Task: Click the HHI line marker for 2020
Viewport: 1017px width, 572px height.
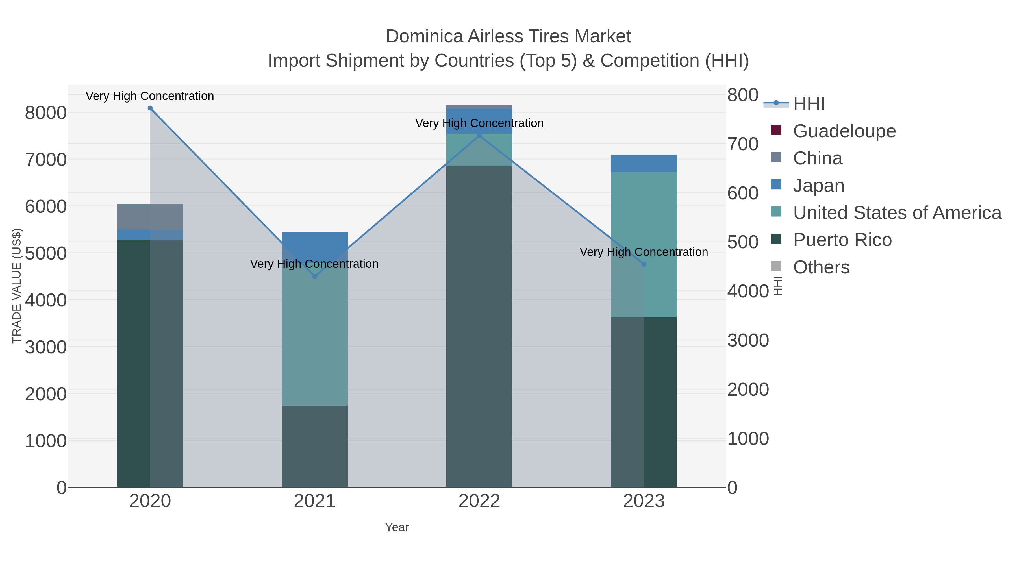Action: pyautogui.click(x=150, y=108)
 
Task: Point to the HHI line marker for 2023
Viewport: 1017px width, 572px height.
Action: pyautogui.click(x=644, y=264)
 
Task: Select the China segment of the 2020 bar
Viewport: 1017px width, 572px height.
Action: pyautogui.click(x=150, y=217)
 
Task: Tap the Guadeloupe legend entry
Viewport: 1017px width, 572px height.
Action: pyautogui.click(x=844, y=131)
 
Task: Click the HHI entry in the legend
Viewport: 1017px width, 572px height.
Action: pyautogui.click(x=809, y=104)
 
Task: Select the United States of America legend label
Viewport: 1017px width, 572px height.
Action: pyautogui.click(x=897, y=213)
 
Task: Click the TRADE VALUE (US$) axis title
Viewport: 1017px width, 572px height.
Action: pyautogui.click(x=17, y=286)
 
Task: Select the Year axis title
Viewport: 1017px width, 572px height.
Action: pyautogui.click(x=397, y=527)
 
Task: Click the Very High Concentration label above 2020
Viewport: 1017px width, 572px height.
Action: pyautogui.click(x=150, y=96)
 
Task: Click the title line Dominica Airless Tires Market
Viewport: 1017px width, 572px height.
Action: pyautogui.click(x=508, y=36)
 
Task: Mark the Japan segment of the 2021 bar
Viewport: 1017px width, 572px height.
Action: pyautogui.click(x=315, y=242)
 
